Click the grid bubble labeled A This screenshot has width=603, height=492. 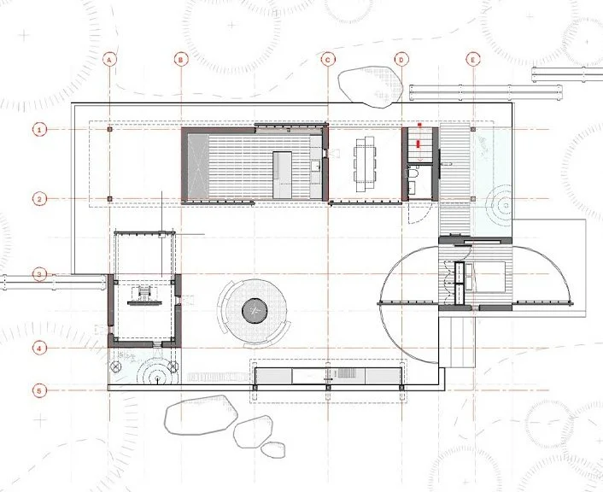(109, 60)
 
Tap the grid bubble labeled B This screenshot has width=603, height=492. (181, 60)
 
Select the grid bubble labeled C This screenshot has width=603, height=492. (328, 60)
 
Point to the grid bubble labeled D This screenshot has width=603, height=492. (401, 60)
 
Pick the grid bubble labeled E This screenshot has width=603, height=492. (473, 60)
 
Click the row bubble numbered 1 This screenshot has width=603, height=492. (39, 129)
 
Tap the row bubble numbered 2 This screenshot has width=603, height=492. (39, 199)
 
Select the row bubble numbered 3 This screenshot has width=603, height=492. (39, 275)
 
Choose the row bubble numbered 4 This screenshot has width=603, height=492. (39, 348)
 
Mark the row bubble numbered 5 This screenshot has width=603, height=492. (39, 391)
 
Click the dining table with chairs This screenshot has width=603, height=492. (365, 164)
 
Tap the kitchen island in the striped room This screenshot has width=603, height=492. (282, 175)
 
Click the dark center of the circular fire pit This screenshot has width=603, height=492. (255, 311)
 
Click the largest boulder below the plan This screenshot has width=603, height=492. (201, 414)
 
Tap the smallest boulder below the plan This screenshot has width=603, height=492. (273, 449)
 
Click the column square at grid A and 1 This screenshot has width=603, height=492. (109, 129)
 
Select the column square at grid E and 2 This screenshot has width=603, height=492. (473, 199)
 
